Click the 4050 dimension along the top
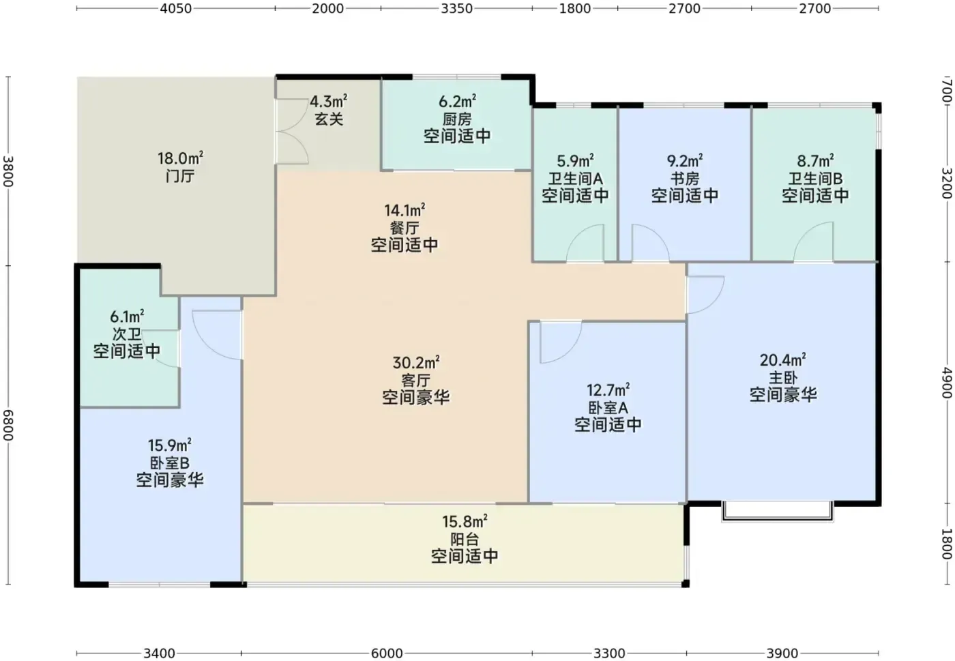(176, 9)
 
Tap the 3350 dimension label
(456, 9)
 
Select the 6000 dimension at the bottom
(387, 653)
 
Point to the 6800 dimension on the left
(8, 425)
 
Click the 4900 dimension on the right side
(947, 383)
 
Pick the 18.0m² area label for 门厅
(180, 158)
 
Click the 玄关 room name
(329, 119)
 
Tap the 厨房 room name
(456, 119)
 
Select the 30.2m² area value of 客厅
(415, 362)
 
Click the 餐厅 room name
(404, 228)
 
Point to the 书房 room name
(685, 179)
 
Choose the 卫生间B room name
(815, 179)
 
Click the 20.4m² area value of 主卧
(783, 360)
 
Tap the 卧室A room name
(608, 408)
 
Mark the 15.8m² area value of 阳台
(465, 521)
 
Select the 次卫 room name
(127, 334)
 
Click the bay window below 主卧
(777, 519)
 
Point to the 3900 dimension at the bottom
(782, 653)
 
